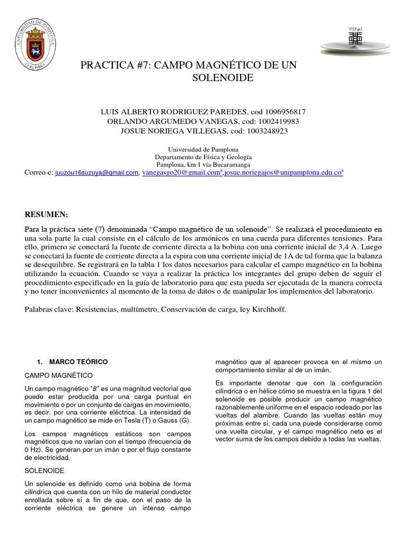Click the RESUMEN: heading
(47, 214)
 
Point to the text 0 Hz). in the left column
(37, 449)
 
